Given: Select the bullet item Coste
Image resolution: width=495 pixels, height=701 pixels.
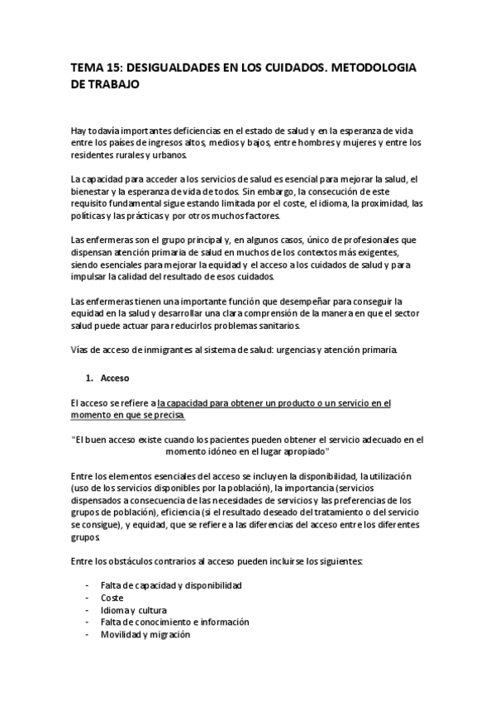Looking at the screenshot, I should [112, 597].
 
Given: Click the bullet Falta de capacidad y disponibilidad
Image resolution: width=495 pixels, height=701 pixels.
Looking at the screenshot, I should [171, 584].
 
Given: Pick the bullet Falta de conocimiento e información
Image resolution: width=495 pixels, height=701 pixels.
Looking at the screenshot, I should [175, 622].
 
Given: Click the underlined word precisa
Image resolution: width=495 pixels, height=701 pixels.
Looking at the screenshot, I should [168, 415].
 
